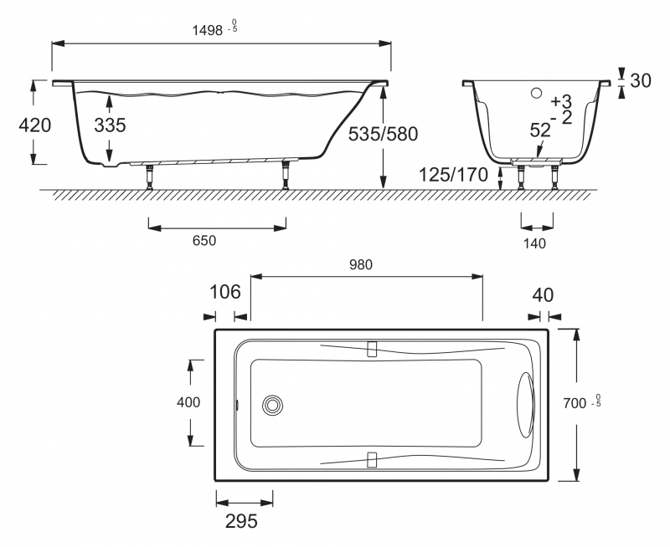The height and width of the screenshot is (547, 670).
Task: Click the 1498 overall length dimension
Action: coord(207,30)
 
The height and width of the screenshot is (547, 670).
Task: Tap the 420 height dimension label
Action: coord(35,125)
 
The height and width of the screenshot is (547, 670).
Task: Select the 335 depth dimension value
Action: coord(110,125)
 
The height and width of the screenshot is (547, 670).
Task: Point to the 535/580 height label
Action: coord(383,135)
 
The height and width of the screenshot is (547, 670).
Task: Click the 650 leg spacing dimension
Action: coord(204,241)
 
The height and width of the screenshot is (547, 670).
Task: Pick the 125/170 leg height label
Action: coord(453,175)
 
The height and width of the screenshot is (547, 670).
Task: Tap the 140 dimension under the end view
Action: coord(534,243)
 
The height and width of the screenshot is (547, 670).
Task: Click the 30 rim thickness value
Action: coord(641,80)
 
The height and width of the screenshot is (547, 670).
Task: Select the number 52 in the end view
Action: coord(540,130)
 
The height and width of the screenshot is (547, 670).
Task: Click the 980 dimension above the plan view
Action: coord(361,265)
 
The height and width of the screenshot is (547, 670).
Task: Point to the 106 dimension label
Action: coord(225,292)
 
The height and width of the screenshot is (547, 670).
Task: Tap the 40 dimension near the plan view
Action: coord(543,295)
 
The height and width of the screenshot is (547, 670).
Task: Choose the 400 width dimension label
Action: coord(188,402)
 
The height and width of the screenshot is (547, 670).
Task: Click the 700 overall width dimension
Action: coord(575,403)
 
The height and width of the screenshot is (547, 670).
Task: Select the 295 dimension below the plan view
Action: coord(241,521)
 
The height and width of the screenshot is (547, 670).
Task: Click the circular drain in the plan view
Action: coord(272,405)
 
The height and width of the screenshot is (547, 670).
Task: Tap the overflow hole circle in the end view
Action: coord(536,93)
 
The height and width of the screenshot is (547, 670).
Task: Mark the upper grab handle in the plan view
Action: coord(372,349)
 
